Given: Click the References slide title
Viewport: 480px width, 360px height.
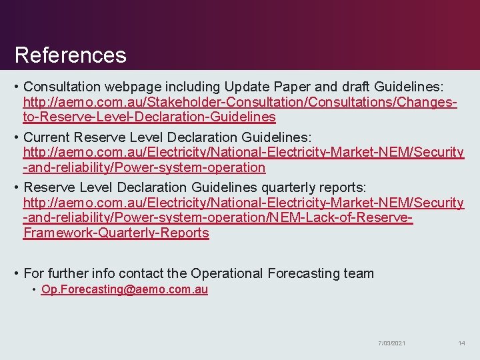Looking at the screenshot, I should [x=70, y=55].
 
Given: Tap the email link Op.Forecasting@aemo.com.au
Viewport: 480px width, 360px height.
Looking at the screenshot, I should [x=125, y=289].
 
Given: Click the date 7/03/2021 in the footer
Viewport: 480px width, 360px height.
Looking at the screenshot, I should [x=392, y=343].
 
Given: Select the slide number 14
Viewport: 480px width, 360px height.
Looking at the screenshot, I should [x=461, y=343].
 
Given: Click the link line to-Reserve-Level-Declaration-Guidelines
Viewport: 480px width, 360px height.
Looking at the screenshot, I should [x=149, y=117].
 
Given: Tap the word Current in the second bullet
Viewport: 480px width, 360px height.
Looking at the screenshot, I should [x=48, y=137].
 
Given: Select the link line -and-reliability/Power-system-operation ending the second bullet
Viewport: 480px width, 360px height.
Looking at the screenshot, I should [x=144, y=167].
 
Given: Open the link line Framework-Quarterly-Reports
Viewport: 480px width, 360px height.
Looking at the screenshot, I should [x=116, y=233].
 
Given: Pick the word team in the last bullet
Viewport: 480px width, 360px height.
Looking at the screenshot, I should [x=360, y=273].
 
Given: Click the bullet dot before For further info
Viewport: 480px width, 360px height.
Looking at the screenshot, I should [x=16, y=273].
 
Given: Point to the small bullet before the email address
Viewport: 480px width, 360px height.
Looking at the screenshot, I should [x=34, y=289].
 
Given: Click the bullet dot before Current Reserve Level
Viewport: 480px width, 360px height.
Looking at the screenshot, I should [x=16, y=137].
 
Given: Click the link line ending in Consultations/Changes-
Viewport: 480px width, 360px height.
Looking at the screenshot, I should [x=240, y=103].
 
